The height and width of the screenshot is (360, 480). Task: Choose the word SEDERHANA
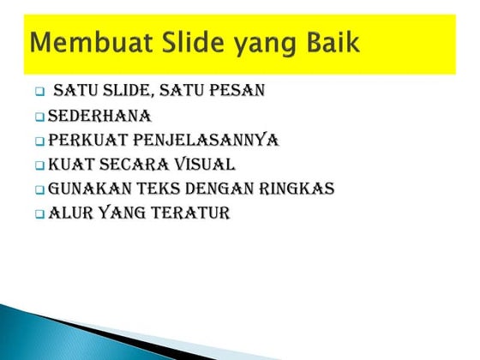click(x=99, y=115)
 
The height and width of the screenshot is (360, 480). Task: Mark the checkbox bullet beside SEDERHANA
click(x=39, y=117)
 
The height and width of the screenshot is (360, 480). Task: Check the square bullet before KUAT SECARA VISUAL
click(x=39, y=165)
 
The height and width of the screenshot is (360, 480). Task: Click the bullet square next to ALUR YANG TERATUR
click(x=39, y=214)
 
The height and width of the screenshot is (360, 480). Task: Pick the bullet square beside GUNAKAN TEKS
click(x=39, y=189)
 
